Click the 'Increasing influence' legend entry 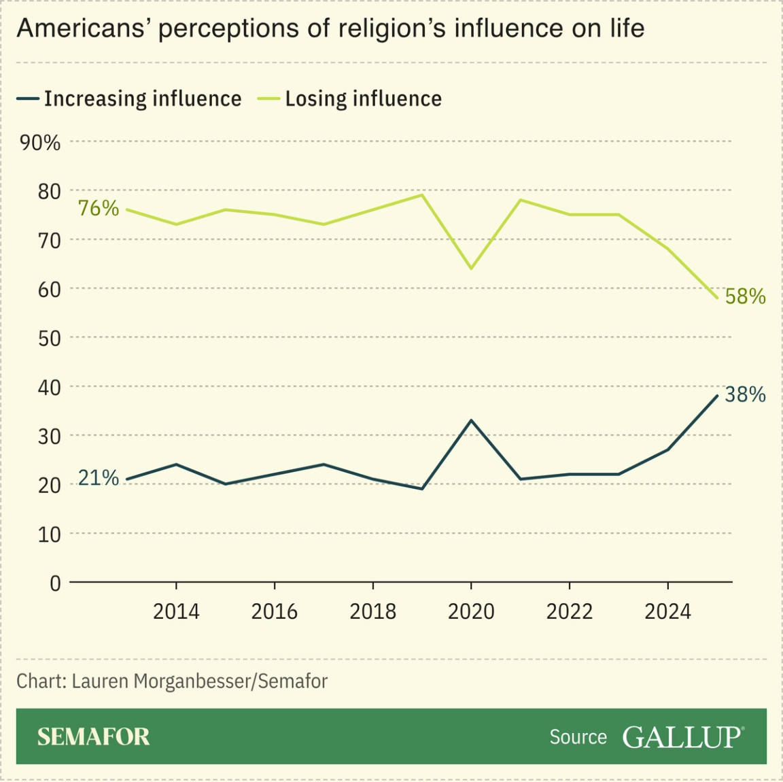(x=129, y=99)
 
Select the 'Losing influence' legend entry (x=350, y=99)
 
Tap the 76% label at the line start (x=99, y=208)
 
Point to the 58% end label (x=745, y=296)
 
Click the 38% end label (x=745, y=394)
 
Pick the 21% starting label (x=99, y=478)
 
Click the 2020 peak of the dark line (x=471, y=420)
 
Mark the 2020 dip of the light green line (x=471, y=269)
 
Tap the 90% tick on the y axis (x=40, y=143)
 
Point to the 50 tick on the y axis (x=49, y=338)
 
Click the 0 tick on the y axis (x=55, y=583)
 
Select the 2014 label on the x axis (x=176, y=611)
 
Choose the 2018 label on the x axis (x=372, y=611)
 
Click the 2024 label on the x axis (x=667, y=611)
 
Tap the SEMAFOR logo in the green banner (x=93, y=736)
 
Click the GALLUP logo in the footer (x=682, y=736)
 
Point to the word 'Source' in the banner (x=578, y=737)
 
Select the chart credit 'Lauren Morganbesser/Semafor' (x=199, y=681)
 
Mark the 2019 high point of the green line (x=422, y=194)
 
